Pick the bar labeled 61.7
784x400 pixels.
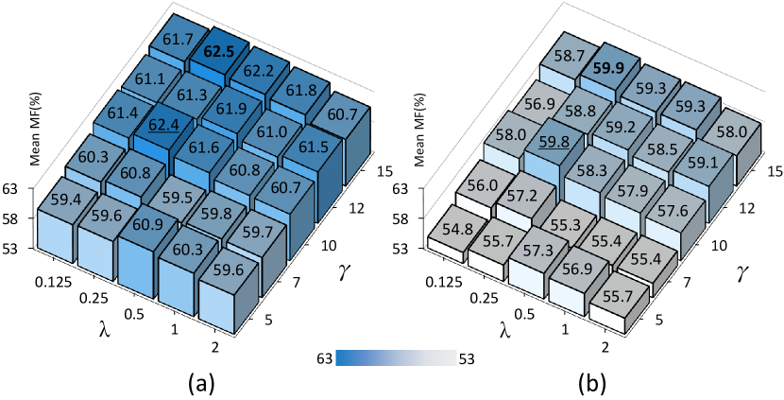177,37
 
